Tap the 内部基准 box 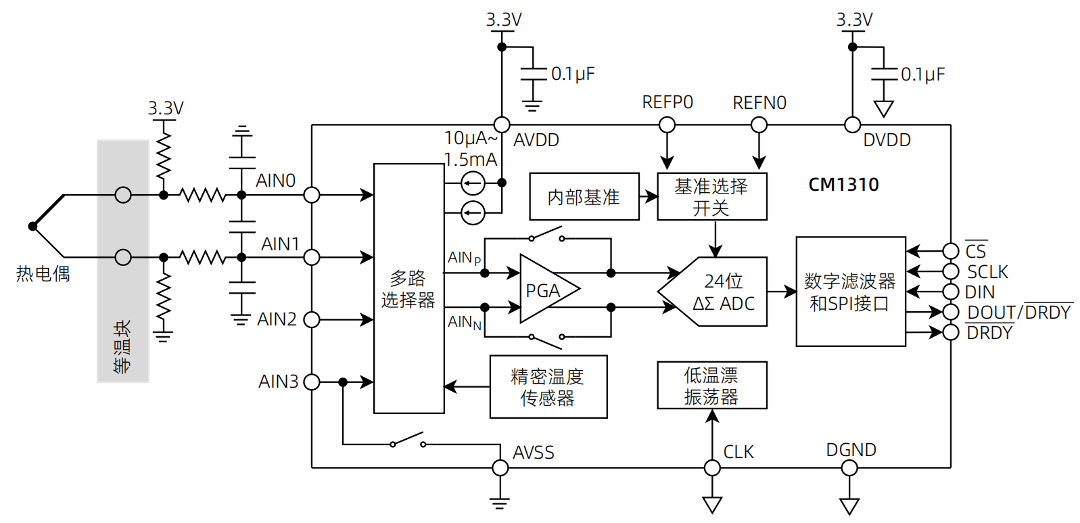584,197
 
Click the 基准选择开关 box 711,197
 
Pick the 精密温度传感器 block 548,387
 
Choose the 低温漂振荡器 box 711,385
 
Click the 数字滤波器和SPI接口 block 850,292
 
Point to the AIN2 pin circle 312,319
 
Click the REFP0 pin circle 667,125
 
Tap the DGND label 851,450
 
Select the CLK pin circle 712,468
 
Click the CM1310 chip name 843,185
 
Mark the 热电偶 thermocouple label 43,274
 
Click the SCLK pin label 987,272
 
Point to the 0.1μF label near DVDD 922,74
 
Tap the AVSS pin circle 500,468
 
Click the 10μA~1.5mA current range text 471,149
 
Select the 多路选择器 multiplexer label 408,289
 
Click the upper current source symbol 473,183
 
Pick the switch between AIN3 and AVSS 407,441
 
